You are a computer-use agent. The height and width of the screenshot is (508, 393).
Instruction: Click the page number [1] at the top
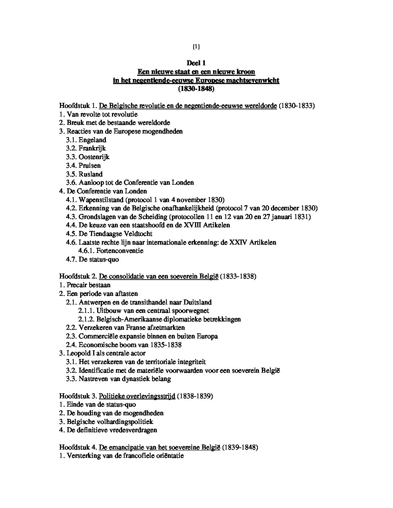pos(196,47)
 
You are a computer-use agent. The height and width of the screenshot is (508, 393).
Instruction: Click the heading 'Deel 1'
pos(196,63)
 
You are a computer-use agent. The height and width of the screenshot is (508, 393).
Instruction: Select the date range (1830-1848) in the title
pos(196,88)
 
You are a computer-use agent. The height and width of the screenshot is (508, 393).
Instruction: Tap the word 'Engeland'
pos(92,140)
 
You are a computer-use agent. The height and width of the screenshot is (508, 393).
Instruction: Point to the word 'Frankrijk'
pos(92,148)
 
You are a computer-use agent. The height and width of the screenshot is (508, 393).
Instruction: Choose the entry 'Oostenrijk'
pos(94,157)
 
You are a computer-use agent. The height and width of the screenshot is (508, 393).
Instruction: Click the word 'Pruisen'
pos(90,166)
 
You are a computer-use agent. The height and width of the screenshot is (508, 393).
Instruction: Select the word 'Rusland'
pos(91,174)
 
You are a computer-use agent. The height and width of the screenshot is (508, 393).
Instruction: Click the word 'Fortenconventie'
pos(120,251)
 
